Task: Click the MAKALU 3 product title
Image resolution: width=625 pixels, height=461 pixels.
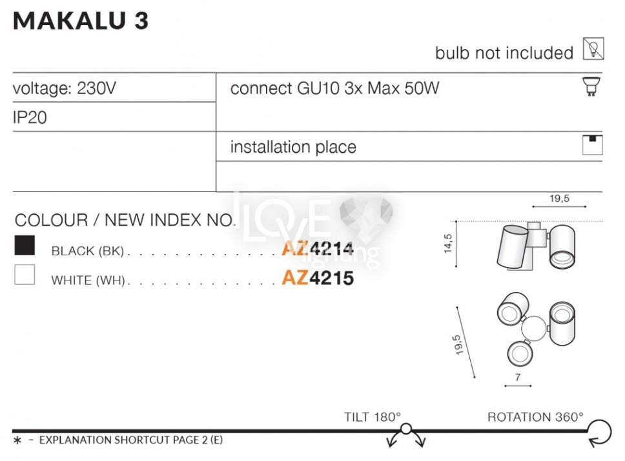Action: click(x=81, y=21)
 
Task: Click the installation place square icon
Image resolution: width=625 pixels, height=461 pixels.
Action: click(x=592, y=145)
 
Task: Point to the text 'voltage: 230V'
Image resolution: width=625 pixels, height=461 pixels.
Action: click(x=65, y=88)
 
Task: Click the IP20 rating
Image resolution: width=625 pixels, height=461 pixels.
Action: click(x=30, y=118)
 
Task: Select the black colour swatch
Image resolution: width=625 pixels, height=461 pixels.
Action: click(x=25, y=246)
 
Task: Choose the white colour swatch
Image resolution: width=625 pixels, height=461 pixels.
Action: click(x=25, y=275)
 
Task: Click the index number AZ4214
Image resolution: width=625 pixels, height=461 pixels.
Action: click(x=318, y=249)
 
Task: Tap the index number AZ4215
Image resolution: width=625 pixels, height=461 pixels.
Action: click(x=318, y=279)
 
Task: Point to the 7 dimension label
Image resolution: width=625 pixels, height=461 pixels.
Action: click(x=518, y=377)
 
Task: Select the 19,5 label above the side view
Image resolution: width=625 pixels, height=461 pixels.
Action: click(x=559, y=199)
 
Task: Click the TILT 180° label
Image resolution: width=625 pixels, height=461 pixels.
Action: click(x=373, y=417)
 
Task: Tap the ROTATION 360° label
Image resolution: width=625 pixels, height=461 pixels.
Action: click(x=535, y=417)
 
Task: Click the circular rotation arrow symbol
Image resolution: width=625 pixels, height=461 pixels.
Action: click(x=599, y=431)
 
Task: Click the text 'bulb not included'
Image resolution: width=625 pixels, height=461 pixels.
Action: click(x=504, y=53)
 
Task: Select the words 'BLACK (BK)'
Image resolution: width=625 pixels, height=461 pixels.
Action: click(x=87, y=251)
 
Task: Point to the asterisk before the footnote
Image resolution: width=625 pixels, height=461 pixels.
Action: click(x=17, y=441)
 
